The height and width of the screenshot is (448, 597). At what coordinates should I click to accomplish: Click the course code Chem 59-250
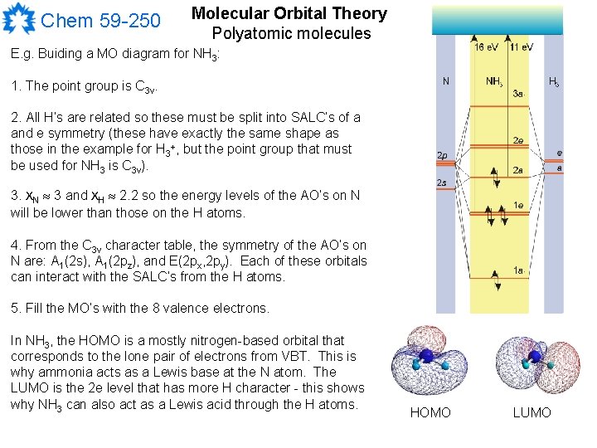[100, 20]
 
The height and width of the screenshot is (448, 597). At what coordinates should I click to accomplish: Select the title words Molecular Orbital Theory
[289, 14]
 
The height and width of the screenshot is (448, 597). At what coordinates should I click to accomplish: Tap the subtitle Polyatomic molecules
[291, 34]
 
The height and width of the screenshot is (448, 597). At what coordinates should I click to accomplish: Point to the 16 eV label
[487, 47]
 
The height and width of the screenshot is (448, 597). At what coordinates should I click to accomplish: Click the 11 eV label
[522, 47]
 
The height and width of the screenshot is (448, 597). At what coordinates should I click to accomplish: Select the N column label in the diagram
[446, 81]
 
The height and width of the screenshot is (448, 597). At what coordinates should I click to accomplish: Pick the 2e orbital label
[517, 141]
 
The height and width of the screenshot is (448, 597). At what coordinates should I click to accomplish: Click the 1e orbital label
[517, 205]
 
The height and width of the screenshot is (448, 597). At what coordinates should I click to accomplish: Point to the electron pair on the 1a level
[496, 271]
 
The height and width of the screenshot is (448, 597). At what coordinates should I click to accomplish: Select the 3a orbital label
[518, 95]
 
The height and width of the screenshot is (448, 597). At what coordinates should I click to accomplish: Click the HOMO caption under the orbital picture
[431, 412]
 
